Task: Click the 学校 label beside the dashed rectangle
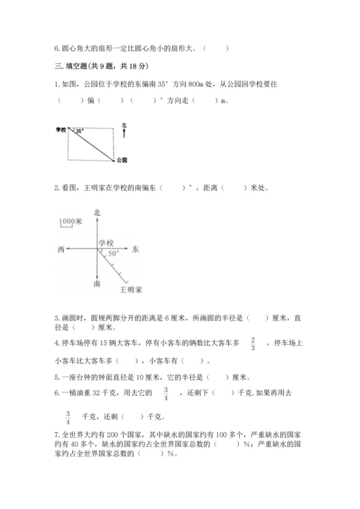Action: [x=60, y=130]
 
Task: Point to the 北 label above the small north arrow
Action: [x=124, y=125]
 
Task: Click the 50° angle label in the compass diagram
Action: [x=113, y=254]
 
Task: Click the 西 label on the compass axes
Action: [x=60, y=248]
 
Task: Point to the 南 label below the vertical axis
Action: [x=97, y=285]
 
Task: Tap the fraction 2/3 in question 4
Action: [x=253, y=343]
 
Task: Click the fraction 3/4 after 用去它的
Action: [x=166, y=393]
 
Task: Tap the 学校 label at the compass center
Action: [x=106, y=242]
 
